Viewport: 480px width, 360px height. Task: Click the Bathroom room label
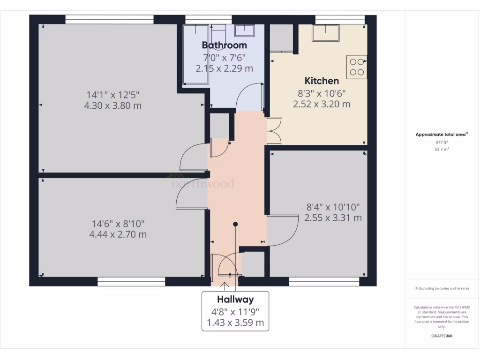point(224,45)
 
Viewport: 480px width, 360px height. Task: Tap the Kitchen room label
point(322,81)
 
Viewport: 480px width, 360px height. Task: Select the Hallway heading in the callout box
point(235,300)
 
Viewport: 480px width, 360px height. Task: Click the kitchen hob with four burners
point(356,67)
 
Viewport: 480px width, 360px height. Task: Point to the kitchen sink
point(325,32)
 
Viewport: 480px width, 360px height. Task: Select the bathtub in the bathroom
point(195,54)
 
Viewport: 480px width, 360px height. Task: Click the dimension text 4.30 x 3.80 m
point(112,106)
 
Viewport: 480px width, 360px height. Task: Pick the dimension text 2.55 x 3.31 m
point(333,218)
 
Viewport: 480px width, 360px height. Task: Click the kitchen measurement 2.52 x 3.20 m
point(322,104)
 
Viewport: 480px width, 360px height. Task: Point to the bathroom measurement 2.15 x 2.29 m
point(224,68)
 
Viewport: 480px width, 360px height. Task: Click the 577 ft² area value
point(442,142)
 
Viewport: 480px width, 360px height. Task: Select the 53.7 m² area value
point(442,149)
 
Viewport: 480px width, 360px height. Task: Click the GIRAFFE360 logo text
point(442,336)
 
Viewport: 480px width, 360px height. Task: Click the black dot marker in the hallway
point(235,224)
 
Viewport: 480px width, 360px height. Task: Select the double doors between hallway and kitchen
point(273,131)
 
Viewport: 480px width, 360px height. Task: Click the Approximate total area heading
point(441,135)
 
